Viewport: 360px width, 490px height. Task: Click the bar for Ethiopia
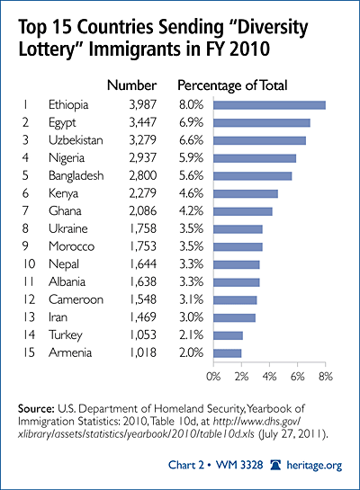click(x=269, y=105)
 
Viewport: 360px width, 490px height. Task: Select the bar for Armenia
click(x=228, y=353)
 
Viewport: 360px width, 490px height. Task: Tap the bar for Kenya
click(x=246, y=193)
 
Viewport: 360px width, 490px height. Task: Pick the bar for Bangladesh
click(x=252, y=176)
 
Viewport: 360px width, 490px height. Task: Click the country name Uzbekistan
click(x=76, y=140)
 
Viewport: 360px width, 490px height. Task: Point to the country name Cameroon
click(x=76, y=299)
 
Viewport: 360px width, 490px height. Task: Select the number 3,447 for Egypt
click(x=142, y=122)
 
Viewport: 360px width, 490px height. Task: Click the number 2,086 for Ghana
click(x=142, y=211)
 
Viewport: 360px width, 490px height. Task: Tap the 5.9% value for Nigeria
click(x=191, y=158)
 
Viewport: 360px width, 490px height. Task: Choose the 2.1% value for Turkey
click(x=191, y=335)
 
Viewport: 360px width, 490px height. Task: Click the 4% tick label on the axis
click(x=269, y=377)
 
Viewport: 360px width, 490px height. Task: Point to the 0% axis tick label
click(x=213, y=377)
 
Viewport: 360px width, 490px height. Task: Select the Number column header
click(x=131, y=85)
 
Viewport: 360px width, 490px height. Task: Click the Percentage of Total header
click(x=232, y=85)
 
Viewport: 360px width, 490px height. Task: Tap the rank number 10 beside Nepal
click(x=29, y=264)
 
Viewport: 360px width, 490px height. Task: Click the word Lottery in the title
click(x=51, y=49)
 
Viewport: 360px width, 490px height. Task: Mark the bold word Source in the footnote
click(x=36, y=409)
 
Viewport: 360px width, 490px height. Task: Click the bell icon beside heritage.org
click(x=276, y=465)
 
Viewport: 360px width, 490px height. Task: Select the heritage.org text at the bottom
click(x=314, y=466)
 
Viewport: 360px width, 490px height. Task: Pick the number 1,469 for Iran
click(x=142, y=317)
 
